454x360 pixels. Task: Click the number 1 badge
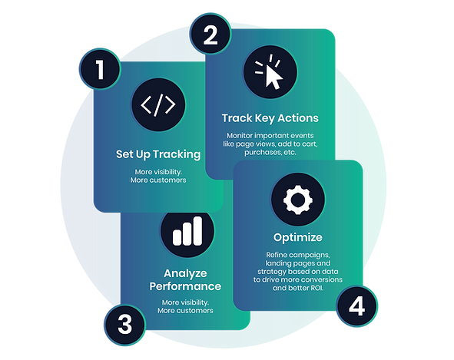[x=100, y=69]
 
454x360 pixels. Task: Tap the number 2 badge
[x=210, y=34]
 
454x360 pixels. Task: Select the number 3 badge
[x=124, y=325]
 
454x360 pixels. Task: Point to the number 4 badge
[x=356, y=306]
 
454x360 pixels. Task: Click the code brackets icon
[x=158, y=104]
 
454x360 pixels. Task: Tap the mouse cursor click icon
[x=270, y=71]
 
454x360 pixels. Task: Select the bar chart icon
[x=187, y=231]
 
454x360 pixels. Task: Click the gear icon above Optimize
[x=298, y=200]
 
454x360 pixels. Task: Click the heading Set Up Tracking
[x=158, y=154]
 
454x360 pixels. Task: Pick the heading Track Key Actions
[x=270, y=118]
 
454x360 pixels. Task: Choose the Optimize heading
[x=298, y=238]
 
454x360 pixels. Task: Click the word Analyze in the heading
[x=185, y=273]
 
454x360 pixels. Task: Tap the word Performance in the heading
[x=185, y=286]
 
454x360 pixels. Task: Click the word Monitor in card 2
[x=240, y=135]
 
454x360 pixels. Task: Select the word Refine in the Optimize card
[x=277, y=255]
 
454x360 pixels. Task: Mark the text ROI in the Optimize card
[x=316, y=288]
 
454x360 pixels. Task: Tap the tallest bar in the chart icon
[x=197, y=231]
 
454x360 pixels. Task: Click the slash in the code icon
[x=158, y=104]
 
